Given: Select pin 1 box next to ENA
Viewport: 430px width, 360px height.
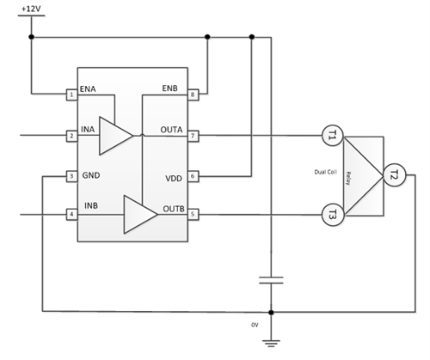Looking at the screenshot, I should tap(71, 93).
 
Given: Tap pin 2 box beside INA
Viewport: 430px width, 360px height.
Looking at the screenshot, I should tap(71, 135).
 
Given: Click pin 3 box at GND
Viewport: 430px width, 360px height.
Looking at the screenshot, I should tap(71, 176).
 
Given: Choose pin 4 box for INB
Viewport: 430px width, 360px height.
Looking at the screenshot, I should tap(71, 213).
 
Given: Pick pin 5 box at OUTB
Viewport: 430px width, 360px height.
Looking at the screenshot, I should tap(193, 213).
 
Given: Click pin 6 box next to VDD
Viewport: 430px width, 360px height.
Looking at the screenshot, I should tap(193, 176).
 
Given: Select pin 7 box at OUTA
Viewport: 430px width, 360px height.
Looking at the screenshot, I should tap(193, 135).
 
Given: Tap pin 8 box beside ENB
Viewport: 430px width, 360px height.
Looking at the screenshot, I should tap(193, 93).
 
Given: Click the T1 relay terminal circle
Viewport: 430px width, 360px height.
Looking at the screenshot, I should tap(332, 135).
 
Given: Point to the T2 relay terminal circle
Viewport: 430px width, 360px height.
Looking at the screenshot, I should tap(394, 173).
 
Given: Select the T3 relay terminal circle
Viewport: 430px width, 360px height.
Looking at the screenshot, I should tap(332, 213).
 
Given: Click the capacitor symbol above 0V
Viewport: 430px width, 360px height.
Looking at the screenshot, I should tap(272, 280).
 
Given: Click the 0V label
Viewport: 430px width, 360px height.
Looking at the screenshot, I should tap(255, 326).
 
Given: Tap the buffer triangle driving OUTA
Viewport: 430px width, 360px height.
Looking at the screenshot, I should tap(114, 135).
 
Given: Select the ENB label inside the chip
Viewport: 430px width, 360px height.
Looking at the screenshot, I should tap(169, 88).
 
